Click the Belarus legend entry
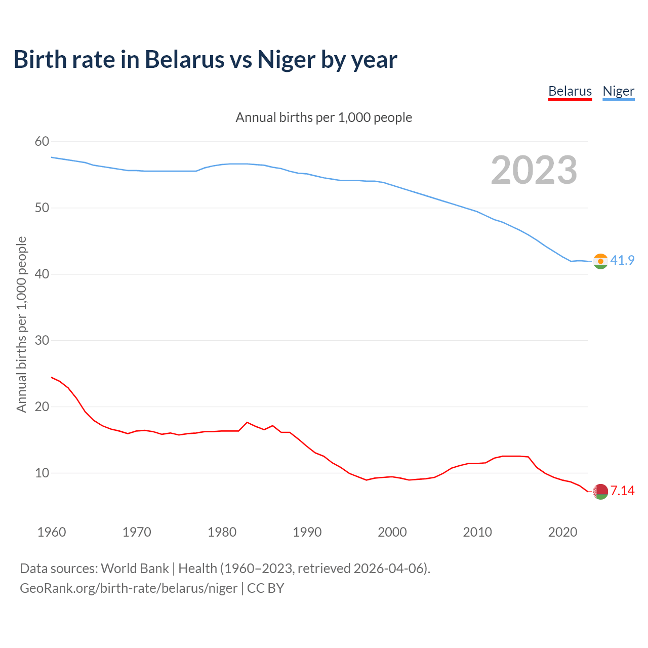click(x=570, y=92)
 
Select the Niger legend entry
click(x=618, y=92)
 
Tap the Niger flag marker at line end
click(x=600, y=261)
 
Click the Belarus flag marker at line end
click(x=600, y=491)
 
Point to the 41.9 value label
click(x=622, y=261)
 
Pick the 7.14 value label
click(x=622, y=491)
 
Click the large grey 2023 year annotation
click(x=534, y=170)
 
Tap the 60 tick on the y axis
click(x=42, y=142)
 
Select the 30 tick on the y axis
click(x=42, y=340)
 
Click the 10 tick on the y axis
click(x=42, y=473)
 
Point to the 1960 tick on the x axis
click(x=52, y=532)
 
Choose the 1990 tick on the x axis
click(x=307, y=532)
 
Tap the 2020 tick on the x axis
click(x=562, y=532)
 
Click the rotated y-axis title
click(x=21, y=324)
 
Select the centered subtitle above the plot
click(x=324, y=117)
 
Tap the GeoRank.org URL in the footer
click(x=129, y=588)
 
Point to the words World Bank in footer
click(x=135, y=569)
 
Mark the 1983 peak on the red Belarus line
click(x=247, y=422)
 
